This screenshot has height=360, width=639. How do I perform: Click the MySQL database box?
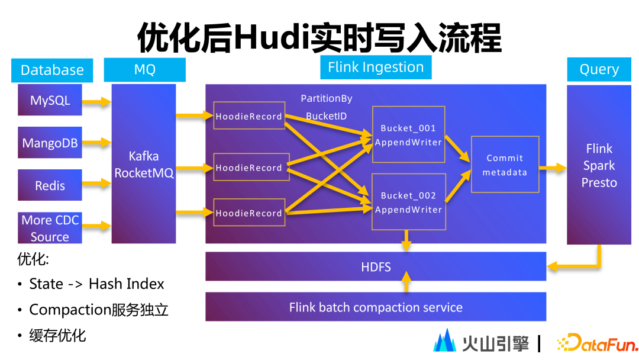coord(50,101)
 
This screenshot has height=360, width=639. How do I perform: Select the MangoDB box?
coord(50,143)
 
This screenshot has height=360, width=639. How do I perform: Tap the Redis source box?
coord(50,185)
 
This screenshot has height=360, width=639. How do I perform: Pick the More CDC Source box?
coord(50,228)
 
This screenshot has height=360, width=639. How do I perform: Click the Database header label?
coord(52,70)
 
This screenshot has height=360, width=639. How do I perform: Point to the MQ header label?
coord(144,70)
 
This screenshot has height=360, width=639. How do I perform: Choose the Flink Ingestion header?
coord(376,67)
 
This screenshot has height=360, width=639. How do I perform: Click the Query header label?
coord(599,70)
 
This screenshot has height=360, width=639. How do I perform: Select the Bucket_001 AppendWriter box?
coord(408,135)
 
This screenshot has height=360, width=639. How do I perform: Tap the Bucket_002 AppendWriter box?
coord(408,202)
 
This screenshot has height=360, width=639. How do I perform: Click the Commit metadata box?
coord(505,165)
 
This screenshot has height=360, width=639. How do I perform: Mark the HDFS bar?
coord(376,267)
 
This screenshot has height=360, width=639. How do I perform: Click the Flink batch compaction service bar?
coord(376,307)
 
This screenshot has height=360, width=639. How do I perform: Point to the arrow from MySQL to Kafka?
coord(96,102)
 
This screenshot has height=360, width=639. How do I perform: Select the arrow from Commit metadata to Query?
coord(553,168)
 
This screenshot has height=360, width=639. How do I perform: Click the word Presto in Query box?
coord(599,182)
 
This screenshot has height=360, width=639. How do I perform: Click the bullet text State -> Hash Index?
coord(96,284)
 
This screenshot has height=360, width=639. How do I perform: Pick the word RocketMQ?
coord(144,173)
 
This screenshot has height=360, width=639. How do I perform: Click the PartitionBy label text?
coord(326,98)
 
